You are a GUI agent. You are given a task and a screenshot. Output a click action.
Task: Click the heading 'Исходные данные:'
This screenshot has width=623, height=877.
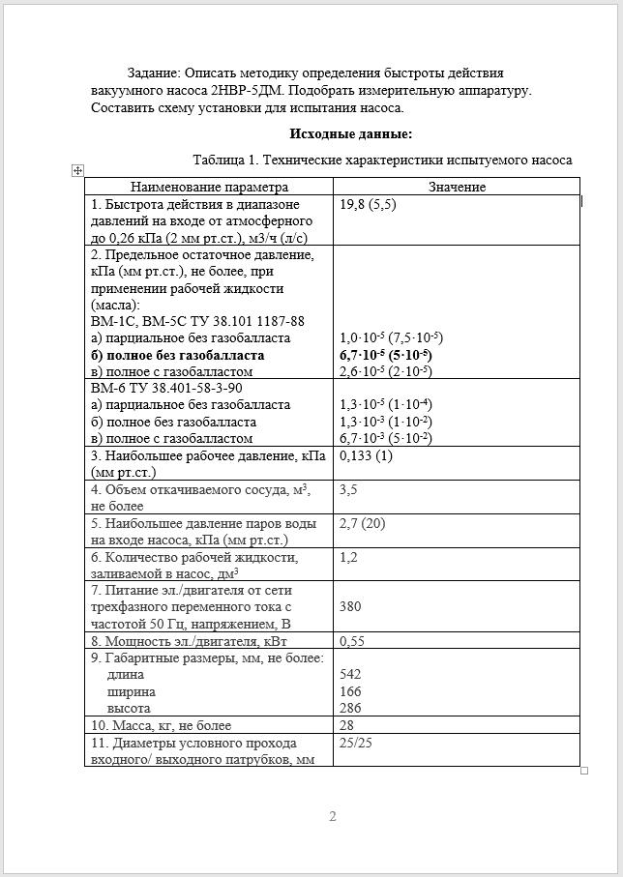point(350,134)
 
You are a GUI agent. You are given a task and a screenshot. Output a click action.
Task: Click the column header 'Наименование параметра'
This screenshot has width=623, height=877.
point(210,187)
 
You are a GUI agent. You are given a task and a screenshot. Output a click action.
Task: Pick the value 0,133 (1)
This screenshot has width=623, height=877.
point(367,456)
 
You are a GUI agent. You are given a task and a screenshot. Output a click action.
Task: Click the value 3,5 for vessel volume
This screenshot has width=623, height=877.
point(349,490)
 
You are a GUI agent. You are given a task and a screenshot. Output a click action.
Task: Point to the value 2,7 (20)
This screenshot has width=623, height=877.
point(363,523)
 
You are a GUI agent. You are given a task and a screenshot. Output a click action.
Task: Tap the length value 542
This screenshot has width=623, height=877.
point(351,674)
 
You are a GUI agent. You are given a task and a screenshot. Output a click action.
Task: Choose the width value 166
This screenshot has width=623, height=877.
point(351,691)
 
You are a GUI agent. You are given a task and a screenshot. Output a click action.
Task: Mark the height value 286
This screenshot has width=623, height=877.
point(351,709)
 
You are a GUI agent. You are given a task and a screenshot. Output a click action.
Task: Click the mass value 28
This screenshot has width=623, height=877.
point(348,725)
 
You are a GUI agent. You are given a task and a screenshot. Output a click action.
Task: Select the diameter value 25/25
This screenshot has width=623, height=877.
point(357,743)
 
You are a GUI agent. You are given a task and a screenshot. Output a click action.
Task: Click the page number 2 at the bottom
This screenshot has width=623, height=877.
point(332,817)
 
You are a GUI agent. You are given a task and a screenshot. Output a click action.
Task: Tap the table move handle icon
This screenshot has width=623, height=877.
point(76,170)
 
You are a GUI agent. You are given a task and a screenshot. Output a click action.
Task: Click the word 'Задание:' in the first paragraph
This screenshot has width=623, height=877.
point(154,73)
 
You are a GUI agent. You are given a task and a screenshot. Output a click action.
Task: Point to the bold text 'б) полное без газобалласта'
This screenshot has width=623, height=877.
point(176,355)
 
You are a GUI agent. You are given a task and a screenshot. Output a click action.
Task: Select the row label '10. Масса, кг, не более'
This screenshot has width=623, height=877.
point(161,725)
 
